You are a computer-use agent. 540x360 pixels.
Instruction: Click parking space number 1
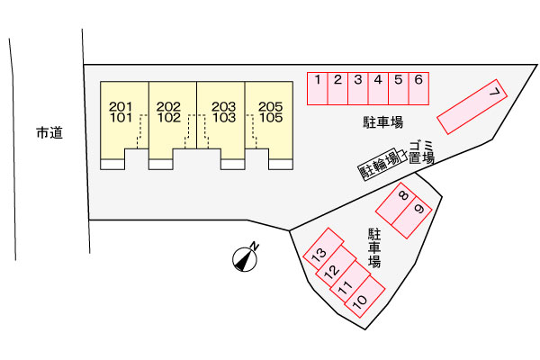318,89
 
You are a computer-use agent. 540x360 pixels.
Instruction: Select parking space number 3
357,89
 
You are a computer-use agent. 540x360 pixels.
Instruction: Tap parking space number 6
418,89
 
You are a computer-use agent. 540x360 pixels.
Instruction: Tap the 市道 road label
49,133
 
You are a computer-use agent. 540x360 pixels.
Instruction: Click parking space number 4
377,89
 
